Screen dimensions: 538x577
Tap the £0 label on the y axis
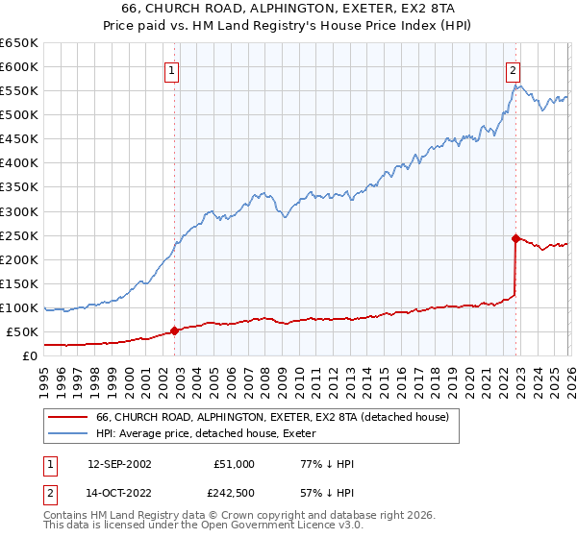pos(29,355)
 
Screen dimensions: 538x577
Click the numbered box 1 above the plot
pos(171,69)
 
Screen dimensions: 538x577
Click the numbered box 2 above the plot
pos(514,69)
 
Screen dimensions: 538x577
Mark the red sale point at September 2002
pos(174,330)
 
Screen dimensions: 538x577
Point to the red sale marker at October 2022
pos(516,238)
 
